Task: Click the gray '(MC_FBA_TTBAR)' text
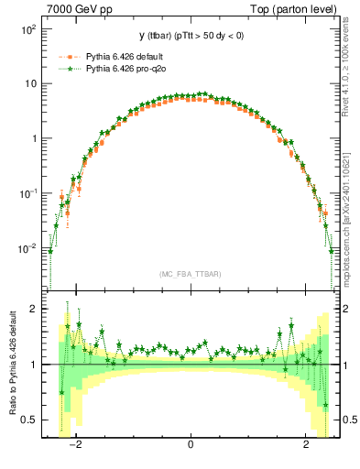[x=190, y=274]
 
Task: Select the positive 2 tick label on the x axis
[x=306, y=446]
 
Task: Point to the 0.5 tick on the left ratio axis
[x=29, y=420]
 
